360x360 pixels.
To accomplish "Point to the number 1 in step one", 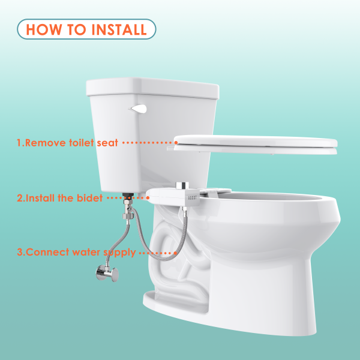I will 19,143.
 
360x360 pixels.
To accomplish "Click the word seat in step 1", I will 107,143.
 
